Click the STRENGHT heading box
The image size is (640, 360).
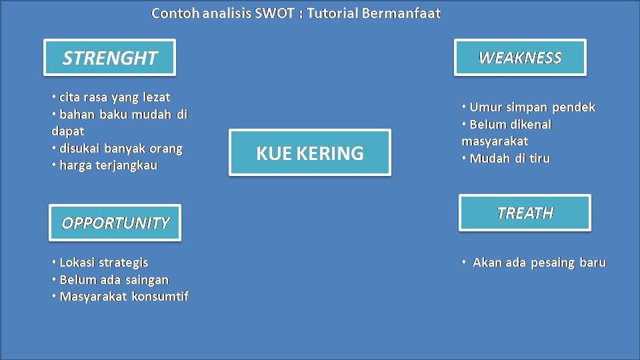109,58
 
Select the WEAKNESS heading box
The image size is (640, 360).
520,58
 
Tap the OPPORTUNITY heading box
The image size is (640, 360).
115,223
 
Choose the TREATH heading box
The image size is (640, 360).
525,213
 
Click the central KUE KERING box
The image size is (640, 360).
310,153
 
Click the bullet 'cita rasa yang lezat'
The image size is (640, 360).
114,97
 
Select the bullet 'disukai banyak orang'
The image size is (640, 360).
120,148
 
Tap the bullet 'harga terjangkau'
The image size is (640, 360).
108,165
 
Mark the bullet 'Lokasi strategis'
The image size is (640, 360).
103,263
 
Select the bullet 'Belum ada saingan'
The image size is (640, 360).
113,279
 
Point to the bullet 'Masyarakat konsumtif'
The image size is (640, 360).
123,297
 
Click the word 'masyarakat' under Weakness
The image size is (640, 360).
494,141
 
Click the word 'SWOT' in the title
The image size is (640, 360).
274,13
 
